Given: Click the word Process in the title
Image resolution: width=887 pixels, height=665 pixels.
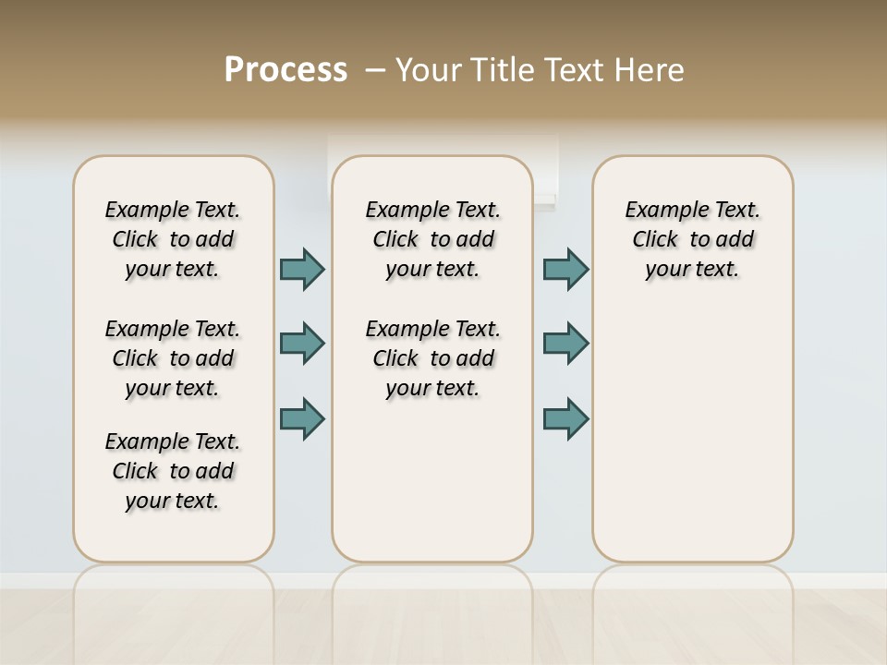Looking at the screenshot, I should pyautogui.click(x=286, y=69).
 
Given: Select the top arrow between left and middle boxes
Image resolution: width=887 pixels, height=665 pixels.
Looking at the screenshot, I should pyautogui.click(x=302, y=269).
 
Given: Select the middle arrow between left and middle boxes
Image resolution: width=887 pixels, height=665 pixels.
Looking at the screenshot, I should pyautogui.click(x=302, y=344).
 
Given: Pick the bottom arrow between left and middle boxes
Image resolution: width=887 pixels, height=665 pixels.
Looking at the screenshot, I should pyautogui.click(x=302, y=418).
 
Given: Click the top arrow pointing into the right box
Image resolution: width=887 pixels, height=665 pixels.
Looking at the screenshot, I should pyautogui.click(x=565, y=269).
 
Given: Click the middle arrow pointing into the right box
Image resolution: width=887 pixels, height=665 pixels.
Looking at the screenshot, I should pyautogui.click(x=565, y=344).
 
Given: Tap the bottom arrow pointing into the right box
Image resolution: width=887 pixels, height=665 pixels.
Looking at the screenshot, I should pyautogui.click(x=565, y=418).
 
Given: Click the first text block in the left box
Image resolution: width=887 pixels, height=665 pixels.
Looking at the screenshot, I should pyautogui.click(x=173, y=239).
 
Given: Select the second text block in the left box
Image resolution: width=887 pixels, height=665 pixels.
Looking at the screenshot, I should pyautogui.click(x=173, y=358).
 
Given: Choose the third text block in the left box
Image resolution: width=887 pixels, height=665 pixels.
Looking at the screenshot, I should pyautogui.click(x=173, y=471).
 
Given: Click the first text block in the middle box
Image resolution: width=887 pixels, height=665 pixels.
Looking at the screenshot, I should pyautogui.click(x=432, y=239).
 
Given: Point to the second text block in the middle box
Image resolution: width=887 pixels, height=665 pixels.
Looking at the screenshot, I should pyautogui.click(x=432, y=358).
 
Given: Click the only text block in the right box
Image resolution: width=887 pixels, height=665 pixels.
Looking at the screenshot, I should pyautogui.click(x=692, y=239).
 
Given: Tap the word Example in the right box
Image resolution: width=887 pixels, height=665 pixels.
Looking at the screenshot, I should pyautogui.click(x=661, y=211).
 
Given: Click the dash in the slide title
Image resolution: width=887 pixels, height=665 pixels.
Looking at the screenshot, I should pyautogui.click(x=375, y=70).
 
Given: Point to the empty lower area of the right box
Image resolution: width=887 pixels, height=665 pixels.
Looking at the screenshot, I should pyautogui.click(x=692, y=434).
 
